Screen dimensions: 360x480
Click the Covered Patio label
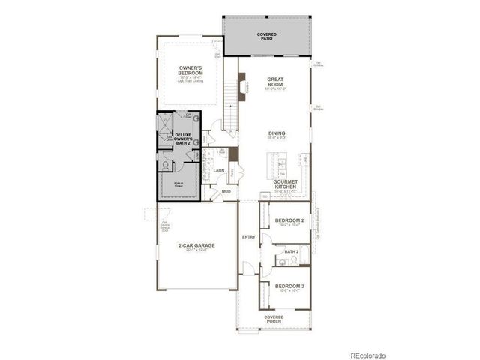click(266, 36)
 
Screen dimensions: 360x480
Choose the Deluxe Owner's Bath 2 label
click(184, 139)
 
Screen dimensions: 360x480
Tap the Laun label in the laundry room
click(219, 171)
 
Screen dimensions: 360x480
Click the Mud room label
click(226, 192)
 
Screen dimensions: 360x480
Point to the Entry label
click(248, 238)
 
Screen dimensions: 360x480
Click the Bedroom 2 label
click(289, 221)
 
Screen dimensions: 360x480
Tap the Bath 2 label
click(292, 251)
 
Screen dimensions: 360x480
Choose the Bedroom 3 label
click(289, 287)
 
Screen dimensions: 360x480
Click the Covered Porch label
click(274, 319)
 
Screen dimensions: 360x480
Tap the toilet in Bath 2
click(294, 260)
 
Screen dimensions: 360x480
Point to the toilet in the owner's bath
click(166, 166)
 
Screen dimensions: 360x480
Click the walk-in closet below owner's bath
click(180, 182)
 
